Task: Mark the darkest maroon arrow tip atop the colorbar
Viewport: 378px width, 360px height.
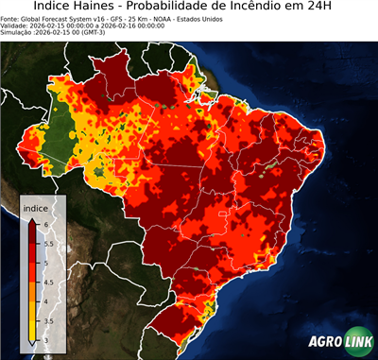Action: click(32, 220)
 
